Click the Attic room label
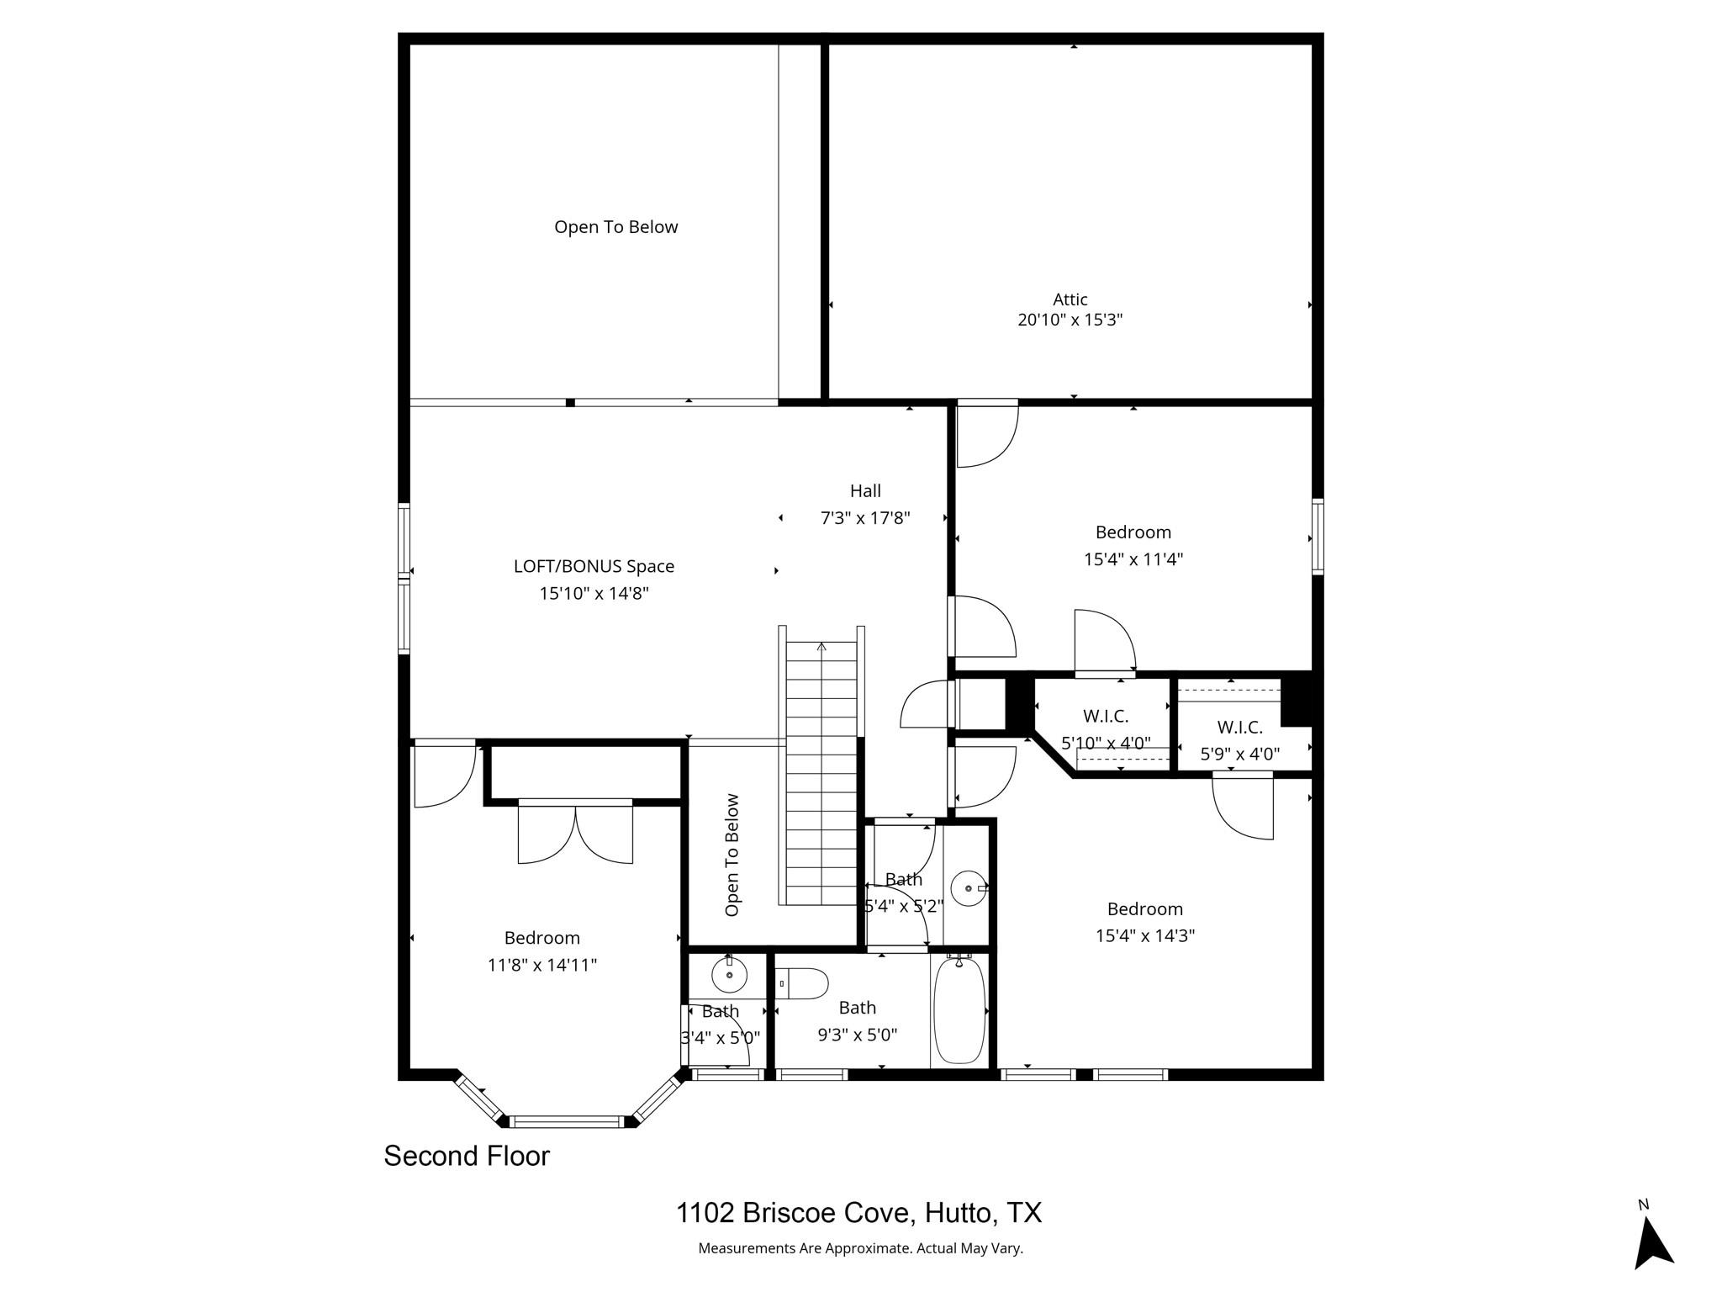pyautogui.click(x=1070, y=299)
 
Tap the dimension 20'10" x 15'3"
pyautogui.click(x=1070, y=320)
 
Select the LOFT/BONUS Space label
pyautogui.click(x=594, y=567)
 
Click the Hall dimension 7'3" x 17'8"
pyautogui.click(x=865, y=518)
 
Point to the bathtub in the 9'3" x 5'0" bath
pyautogui.click(x=959, y=1009)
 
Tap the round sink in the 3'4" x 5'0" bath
pyautogui.click(x=729, y=976)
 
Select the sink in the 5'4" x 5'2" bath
pyautogui.click(x=969, y=888)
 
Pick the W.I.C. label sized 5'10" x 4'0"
pyautogui.click(x=1106, y=717)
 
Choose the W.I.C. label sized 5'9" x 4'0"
pyautogui.click(x=1239, y=728)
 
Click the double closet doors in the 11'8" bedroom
pyautogui.click(x=575, y=833)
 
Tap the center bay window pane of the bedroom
pyautogui.click(x=567, y=1121)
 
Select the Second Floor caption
pyautogui.click(x=467, y=1157)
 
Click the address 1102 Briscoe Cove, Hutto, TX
pyautogui.click(x=858, y=1213)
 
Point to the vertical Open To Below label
pyautogui.click(x=732, y=855)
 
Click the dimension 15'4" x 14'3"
pyautogui.click(x=1144, y=935)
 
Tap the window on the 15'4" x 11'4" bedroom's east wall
pyautogui.click(x=1317, y=537)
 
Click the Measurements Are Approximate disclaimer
pyautogui.click(x=860, y=1248)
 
